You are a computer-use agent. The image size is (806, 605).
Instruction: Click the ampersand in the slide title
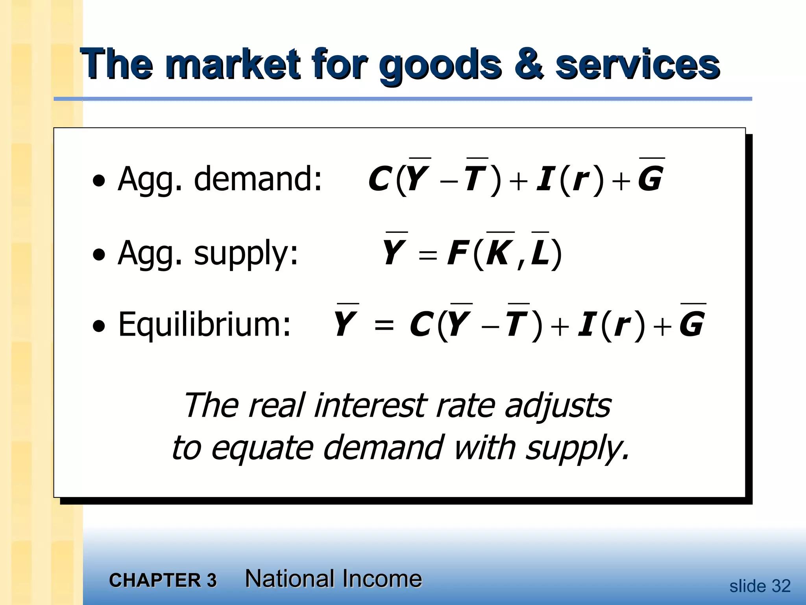coord(528,65)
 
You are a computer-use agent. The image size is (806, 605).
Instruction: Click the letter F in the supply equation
coord(457,253)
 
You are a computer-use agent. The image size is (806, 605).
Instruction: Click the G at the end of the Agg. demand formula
coord(651,178)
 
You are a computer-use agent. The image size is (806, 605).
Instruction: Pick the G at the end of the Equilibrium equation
coord(692,324)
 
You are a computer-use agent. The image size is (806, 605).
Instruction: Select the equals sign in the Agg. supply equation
coord(428,256)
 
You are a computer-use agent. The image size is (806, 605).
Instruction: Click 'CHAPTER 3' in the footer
coord(163,580)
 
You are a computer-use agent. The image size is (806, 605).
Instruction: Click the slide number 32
coord(781,586)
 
